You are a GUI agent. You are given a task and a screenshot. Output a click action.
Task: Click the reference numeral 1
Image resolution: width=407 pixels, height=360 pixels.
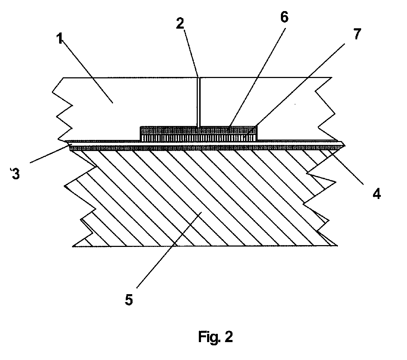[60, 39]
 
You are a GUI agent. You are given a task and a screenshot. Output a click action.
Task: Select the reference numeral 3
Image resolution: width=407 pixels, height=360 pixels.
[15, 174]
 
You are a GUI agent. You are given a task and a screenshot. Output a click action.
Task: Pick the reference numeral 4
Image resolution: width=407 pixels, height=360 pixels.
[377, 193]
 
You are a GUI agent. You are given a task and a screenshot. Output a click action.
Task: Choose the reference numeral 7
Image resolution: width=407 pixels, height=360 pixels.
[357, 34]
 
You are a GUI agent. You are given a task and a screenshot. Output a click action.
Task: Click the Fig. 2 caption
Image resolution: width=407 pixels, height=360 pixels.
[215, 337]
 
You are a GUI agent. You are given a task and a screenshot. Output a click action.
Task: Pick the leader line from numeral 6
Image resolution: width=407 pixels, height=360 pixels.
[257, 77]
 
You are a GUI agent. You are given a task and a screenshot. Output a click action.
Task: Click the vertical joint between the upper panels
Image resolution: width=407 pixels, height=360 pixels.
[198, 102]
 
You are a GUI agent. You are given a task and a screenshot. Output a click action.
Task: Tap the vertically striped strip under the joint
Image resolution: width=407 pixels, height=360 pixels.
[198, 138]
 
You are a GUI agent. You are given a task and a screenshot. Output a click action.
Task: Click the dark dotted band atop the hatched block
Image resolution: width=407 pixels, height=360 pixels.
[207, 148]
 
